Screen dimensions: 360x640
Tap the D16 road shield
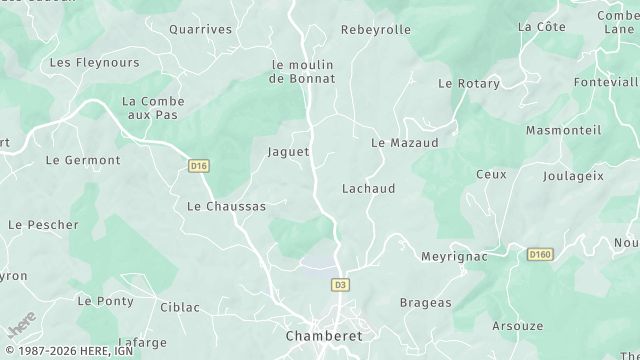(x=199, y=165)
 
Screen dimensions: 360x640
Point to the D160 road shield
(x=540, y=255)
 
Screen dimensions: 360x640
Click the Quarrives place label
(x=200, y=29)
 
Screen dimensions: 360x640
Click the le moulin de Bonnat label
(x=302, y=72)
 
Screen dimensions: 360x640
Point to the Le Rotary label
(x=469, y=83)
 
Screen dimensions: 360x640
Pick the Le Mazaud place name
(x=405, y=143)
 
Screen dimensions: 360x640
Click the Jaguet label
(x=289, y=152)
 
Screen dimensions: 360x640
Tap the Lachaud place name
(x=369, y=188)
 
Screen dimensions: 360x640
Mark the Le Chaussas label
(x=227, y=206)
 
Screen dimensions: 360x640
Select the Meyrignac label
(x=454, y=256)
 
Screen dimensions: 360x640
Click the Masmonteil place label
(x=564, y=130)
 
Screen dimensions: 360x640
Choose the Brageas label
(x=426, y=302)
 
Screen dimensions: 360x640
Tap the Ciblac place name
(x=180, y=306)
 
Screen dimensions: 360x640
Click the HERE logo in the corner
(x=20, y=326)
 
